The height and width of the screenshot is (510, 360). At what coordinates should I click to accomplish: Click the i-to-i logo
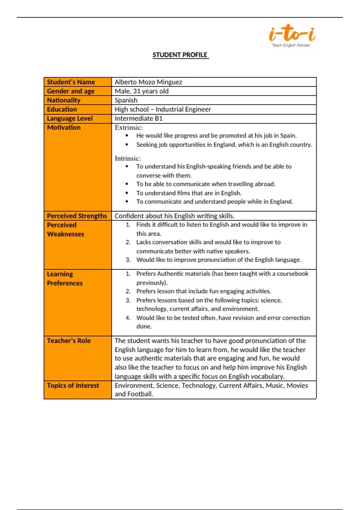292,34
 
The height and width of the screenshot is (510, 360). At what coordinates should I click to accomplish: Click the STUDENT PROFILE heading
180,55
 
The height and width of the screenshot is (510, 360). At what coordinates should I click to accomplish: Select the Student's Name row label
71,82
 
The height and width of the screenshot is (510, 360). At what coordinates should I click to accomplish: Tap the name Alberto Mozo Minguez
148,82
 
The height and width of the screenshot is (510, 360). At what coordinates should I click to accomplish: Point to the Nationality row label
64,100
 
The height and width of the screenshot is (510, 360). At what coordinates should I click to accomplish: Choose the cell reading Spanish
126,100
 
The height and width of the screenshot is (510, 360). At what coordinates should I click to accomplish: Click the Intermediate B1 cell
139,118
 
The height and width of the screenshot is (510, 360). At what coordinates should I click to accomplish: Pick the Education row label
62,109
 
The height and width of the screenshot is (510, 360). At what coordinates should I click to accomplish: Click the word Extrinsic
128,127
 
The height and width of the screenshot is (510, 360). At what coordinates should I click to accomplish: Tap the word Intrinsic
127,158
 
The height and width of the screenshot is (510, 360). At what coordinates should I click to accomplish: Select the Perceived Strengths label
77,216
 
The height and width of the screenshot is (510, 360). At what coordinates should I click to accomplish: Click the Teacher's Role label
69,340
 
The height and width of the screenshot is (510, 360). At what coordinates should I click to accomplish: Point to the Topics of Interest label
73,385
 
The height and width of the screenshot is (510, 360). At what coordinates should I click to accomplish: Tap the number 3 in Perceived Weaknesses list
128,260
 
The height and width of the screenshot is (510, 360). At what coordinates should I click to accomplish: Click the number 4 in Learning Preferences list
128,318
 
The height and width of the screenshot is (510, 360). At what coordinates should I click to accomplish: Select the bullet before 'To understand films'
127,193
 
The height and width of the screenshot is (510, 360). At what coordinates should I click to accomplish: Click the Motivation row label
64,127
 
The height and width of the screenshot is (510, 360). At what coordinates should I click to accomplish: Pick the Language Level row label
70,118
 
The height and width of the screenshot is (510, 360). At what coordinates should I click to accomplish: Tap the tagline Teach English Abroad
291,45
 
